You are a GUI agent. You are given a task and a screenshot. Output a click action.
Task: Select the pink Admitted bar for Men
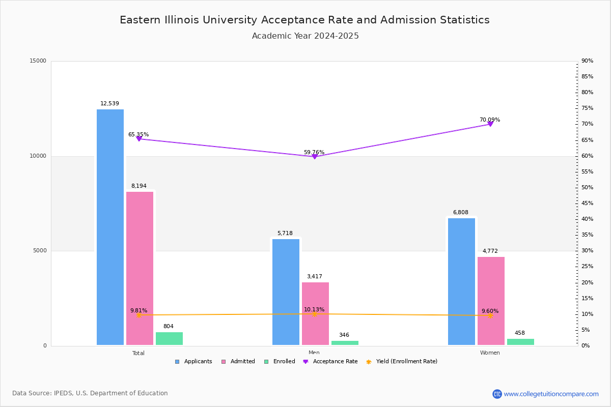pos(315,313)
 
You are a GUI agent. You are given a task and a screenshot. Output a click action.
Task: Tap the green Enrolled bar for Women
pos(520,342)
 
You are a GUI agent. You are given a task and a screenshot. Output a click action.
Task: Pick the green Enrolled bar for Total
pos(169,339)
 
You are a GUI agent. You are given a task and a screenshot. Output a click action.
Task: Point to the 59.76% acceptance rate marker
pos(315,157)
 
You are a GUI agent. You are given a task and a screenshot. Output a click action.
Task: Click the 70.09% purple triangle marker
pos(490,124)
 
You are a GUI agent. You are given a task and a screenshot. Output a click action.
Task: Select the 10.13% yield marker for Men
pos(314,314)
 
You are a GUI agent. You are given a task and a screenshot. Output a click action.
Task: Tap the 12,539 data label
pos(109,104)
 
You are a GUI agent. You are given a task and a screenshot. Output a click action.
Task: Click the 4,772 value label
pos(490,251)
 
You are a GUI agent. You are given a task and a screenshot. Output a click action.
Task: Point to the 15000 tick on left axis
pos(38,61)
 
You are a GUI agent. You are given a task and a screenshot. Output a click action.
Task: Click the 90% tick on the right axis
pos(587,61)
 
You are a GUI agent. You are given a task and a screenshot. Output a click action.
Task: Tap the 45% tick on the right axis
pos(587,203)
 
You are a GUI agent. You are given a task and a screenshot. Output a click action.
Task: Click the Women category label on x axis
pos(490,353)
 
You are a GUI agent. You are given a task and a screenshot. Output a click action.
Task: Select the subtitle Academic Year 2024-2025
pos(305,36)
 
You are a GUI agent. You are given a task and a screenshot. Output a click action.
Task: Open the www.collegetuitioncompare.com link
pos(551,394)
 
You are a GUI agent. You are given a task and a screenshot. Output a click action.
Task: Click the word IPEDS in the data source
pos(63,393)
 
